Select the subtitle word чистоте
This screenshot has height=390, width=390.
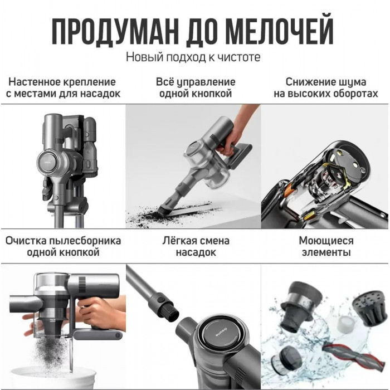[239, 57]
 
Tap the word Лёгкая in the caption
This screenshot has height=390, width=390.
[179, 241]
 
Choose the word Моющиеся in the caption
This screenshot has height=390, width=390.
[326, 241]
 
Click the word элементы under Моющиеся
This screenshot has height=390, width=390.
[326, 252]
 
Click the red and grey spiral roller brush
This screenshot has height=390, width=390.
[354, 358]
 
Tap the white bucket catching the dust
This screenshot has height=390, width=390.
[53, 378]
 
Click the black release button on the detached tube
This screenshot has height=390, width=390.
[160, 297]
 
